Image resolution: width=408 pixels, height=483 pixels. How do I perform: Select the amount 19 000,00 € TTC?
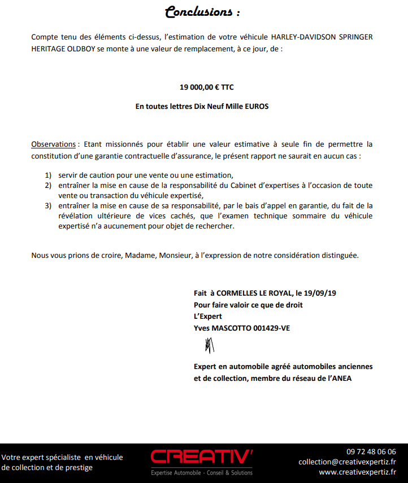tap(206, 87)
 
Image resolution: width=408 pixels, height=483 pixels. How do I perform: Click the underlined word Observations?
tap(53, 144)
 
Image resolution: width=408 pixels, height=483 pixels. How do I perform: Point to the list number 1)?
tap(49, 175)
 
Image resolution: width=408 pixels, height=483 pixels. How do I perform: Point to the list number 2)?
tap(49, 186)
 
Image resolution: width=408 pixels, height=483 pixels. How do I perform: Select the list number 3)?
tap(49, 205)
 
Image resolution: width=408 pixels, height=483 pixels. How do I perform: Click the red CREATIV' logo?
tap(202, 457)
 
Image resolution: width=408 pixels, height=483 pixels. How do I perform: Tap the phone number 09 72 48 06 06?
tap(371, 451)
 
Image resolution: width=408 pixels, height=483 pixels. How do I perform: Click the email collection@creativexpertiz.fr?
tap(347, 462)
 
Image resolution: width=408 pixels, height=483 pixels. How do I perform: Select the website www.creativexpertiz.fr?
tap(357, 472)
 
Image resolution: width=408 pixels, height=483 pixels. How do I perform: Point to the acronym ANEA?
tap(341, 378)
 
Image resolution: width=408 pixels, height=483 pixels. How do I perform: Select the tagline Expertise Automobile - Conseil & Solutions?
tap(202, 472)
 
